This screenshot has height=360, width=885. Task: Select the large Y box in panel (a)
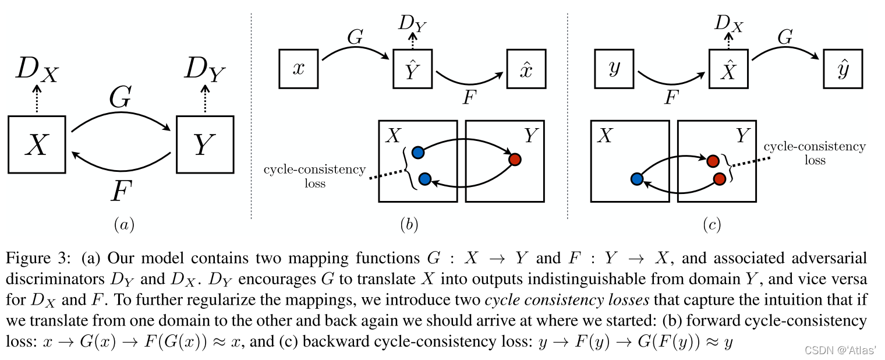click(204, 144)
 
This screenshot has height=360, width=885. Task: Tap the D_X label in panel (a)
click(36, 69)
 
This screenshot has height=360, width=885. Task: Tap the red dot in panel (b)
click(514, 159)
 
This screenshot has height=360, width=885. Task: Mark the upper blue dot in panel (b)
click(417, 153)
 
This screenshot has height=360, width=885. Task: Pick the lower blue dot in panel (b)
click(424, 179)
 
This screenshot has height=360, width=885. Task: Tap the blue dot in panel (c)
click(636, 179)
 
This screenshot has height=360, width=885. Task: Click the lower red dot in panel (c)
click(719, 179)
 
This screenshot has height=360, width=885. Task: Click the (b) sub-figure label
click(409, 224)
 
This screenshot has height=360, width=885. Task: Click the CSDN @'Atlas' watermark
click(840, 350)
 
